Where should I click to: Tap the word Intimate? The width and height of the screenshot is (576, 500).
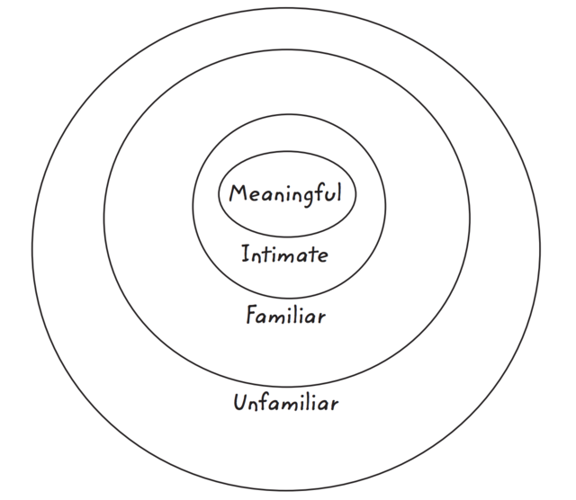[284, 254]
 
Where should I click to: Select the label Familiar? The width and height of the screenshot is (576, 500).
[285, 317]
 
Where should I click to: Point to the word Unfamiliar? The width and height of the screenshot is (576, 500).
[285, 402]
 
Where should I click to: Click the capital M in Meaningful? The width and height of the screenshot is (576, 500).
[238, 192]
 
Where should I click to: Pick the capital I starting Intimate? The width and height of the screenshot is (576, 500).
[245, 254]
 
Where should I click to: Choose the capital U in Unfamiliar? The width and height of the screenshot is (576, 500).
[239, 402]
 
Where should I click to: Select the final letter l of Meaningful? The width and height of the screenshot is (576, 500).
[338, 192]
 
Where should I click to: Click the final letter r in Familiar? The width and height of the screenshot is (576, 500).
[321, 318]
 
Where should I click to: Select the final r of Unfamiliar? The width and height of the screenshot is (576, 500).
[334, 404]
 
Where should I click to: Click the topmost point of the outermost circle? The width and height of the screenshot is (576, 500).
[286, 4]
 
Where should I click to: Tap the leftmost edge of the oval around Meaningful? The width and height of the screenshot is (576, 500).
[218, 193]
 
